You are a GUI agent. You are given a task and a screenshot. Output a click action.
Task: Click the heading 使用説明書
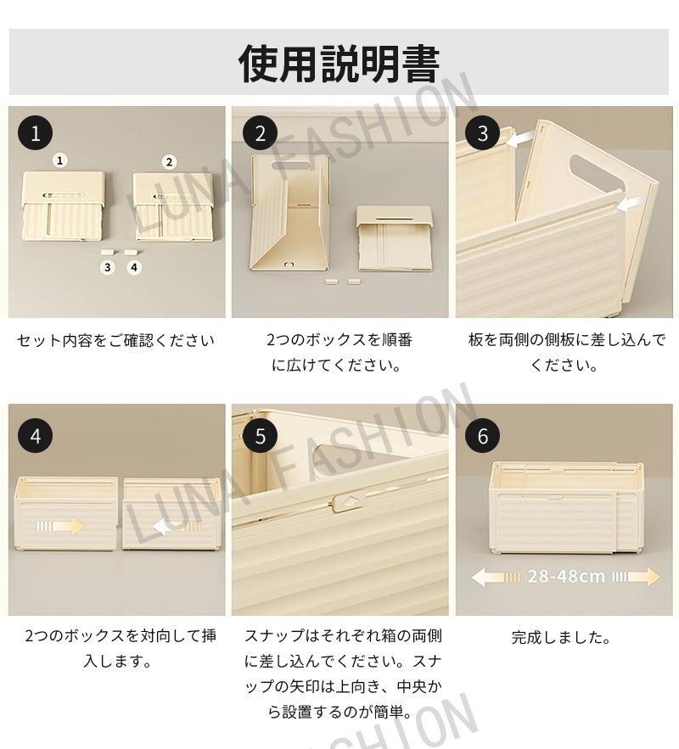coord(339,64)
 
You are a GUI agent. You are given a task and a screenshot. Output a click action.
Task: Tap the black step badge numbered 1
coord(36,133)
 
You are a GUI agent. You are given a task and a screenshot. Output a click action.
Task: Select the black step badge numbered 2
coord(260,133)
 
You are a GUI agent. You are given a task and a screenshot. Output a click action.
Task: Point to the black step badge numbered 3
coord(483,133)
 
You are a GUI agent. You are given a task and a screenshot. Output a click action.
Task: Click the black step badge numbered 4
coord(36,436)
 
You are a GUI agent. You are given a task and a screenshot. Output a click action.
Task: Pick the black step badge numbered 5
coord(260,436)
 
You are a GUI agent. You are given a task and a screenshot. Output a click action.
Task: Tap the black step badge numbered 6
coord(483,436)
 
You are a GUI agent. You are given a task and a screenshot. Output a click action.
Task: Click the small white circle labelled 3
coord(108,267)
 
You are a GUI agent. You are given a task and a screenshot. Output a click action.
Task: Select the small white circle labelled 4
coord(134,267)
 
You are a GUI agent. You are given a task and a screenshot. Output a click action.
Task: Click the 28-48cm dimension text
coord(566,577)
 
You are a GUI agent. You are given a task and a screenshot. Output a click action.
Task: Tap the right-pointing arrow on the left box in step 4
coord(60,527)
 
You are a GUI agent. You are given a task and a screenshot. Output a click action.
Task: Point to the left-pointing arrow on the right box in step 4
coord(177,528)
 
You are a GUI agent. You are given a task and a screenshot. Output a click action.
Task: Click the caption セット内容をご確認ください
coord(115,341)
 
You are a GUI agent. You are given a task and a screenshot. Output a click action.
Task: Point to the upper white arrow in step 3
coord(520,140)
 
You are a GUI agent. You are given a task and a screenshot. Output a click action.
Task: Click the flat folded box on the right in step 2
coord(395,238)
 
